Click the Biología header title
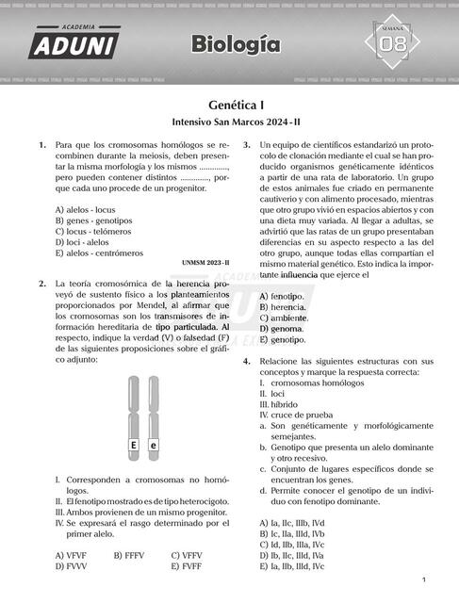235,43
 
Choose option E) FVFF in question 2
189,567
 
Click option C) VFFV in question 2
189,555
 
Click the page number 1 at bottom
425,580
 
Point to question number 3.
247,145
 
